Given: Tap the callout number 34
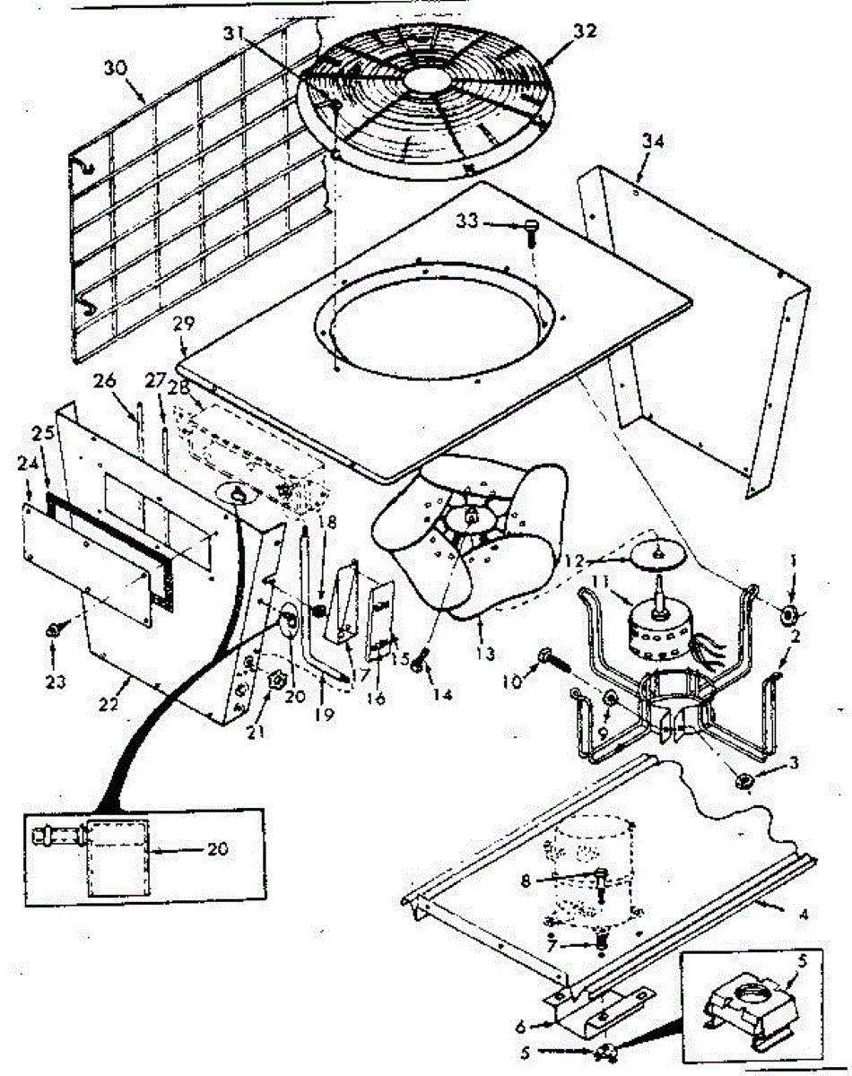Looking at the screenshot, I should click(x=651, y=139).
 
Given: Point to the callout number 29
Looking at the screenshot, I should click(x=184, y=325).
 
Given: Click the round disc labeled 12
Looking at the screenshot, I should click(x=653, y=553).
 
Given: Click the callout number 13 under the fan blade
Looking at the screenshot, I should click(x=484, y=654).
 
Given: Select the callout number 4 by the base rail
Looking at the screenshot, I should click(x=804, y=915).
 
